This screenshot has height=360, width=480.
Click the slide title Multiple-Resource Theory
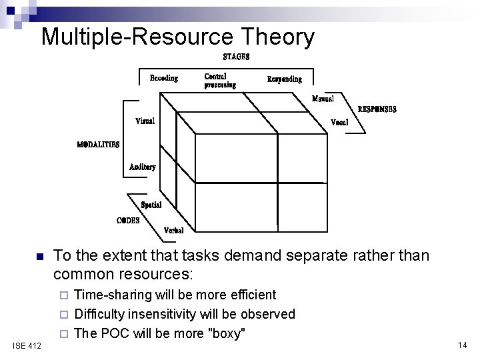pyautogui.click(x=177, y=37)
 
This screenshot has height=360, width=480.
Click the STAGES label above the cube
pyautogui.click(x=236, y=57)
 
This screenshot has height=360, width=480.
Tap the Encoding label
pyautogui.click(x=163, y=78)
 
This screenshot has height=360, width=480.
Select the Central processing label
pyautogui.click(x=219, y=81)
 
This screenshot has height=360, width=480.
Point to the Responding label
pyautogui.click(x=284, y=79)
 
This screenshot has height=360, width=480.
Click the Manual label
pyautogui.click(x=323, y=99)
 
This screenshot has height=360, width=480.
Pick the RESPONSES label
pyautogui.click(x=377, y=109)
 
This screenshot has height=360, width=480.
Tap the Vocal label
pyautogui.click(x=339, y=123)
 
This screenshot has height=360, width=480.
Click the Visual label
pyautogui.click(x=145, y=121)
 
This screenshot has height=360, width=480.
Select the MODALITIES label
pyautogui.click(x=98, y=144)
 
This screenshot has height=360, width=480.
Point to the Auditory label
pyautogui.click(x=143, y=167)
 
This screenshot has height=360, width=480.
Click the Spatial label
pyautogui.click(x=151, y=205)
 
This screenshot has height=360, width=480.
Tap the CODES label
pyautogui.click(x=128, y=220)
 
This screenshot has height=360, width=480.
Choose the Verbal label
pyautogui.click(x=179, y=230)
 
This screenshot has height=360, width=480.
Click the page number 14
pyautogui.click(x=461, y=345)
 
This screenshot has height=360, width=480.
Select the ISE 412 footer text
pyautogui.click(x=27, y=345)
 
